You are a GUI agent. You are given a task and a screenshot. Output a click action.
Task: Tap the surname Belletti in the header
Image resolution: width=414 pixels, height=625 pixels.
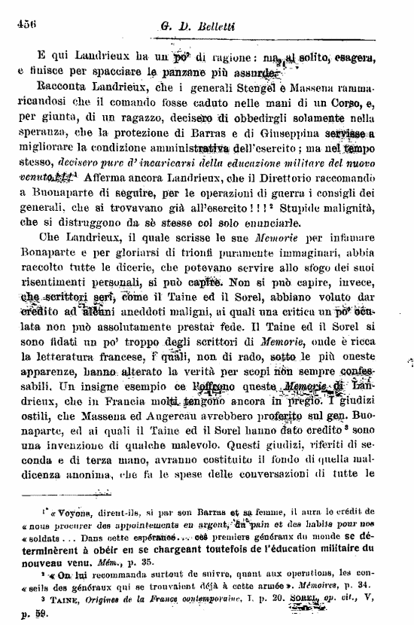coord(220,27)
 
